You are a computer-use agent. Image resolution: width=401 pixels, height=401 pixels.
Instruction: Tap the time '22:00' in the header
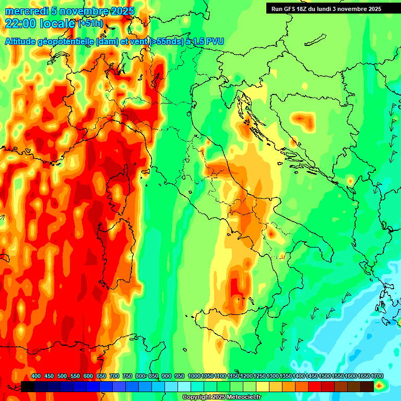pyautogui.click(x=20, y=23)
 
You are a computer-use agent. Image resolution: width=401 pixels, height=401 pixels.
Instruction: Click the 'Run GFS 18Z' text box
pyautogui.click(x=326, y=9)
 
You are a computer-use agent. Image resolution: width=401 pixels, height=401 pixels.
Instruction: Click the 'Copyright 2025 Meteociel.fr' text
pyautogui.click(x=221, y=397)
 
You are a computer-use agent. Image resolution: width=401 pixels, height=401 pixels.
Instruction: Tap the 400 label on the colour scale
pyautogui.click(x=36, y=376)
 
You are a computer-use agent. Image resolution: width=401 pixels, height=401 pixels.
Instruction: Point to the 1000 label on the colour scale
pyautogui.click(x=194, y=376)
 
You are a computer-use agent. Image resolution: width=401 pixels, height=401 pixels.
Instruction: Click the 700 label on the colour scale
pyautogui.click(x=114, y=376)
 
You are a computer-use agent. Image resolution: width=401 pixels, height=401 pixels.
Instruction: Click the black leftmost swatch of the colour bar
pyautogui.click(x=28, y=386)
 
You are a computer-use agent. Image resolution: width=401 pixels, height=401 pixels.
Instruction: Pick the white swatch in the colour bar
pyautogui.click(x=184, y=386)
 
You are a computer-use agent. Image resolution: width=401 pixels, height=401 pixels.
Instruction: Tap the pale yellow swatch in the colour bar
pyautogui.click(x=263, y=386)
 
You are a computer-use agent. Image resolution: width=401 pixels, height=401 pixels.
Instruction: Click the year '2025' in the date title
pyautogui.click(x=121, y=11)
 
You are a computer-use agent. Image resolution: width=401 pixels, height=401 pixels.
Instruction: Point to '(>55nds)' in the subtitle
pyautogui.click(x=166, y=41)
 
